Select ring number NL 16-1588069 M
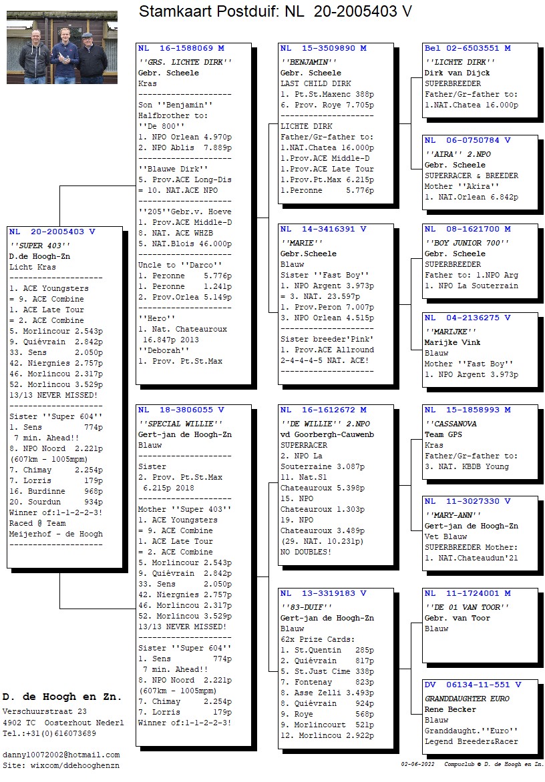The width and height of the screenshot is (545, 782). [181, 49]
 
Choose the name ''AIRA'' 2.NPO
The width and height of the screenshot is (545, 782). [458, 154]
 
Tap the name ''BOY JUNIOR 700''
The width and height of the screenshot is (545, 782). [467, 243]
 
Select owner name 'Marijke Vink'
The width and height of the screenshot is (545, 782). [453, 342]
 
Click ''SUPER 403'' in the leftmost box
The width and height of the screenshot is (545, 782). [39, 246]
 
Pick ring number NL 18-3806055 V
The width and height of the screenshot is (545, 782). [181, 410]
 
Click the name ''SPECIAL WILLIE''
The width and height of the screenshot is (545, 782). [180, 424]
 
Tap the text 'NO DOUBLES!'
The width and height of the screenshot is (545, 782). [305, 552]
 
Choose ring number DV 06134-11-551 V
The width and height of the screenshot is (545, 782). [473, 685]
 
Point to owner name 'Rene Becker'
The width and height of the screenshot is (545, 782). [450, 710]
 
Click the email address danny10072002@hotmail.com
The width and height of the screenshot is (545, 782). [61, 755]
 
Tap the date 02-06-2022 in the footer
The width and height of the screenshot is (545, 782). [417, 764]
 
